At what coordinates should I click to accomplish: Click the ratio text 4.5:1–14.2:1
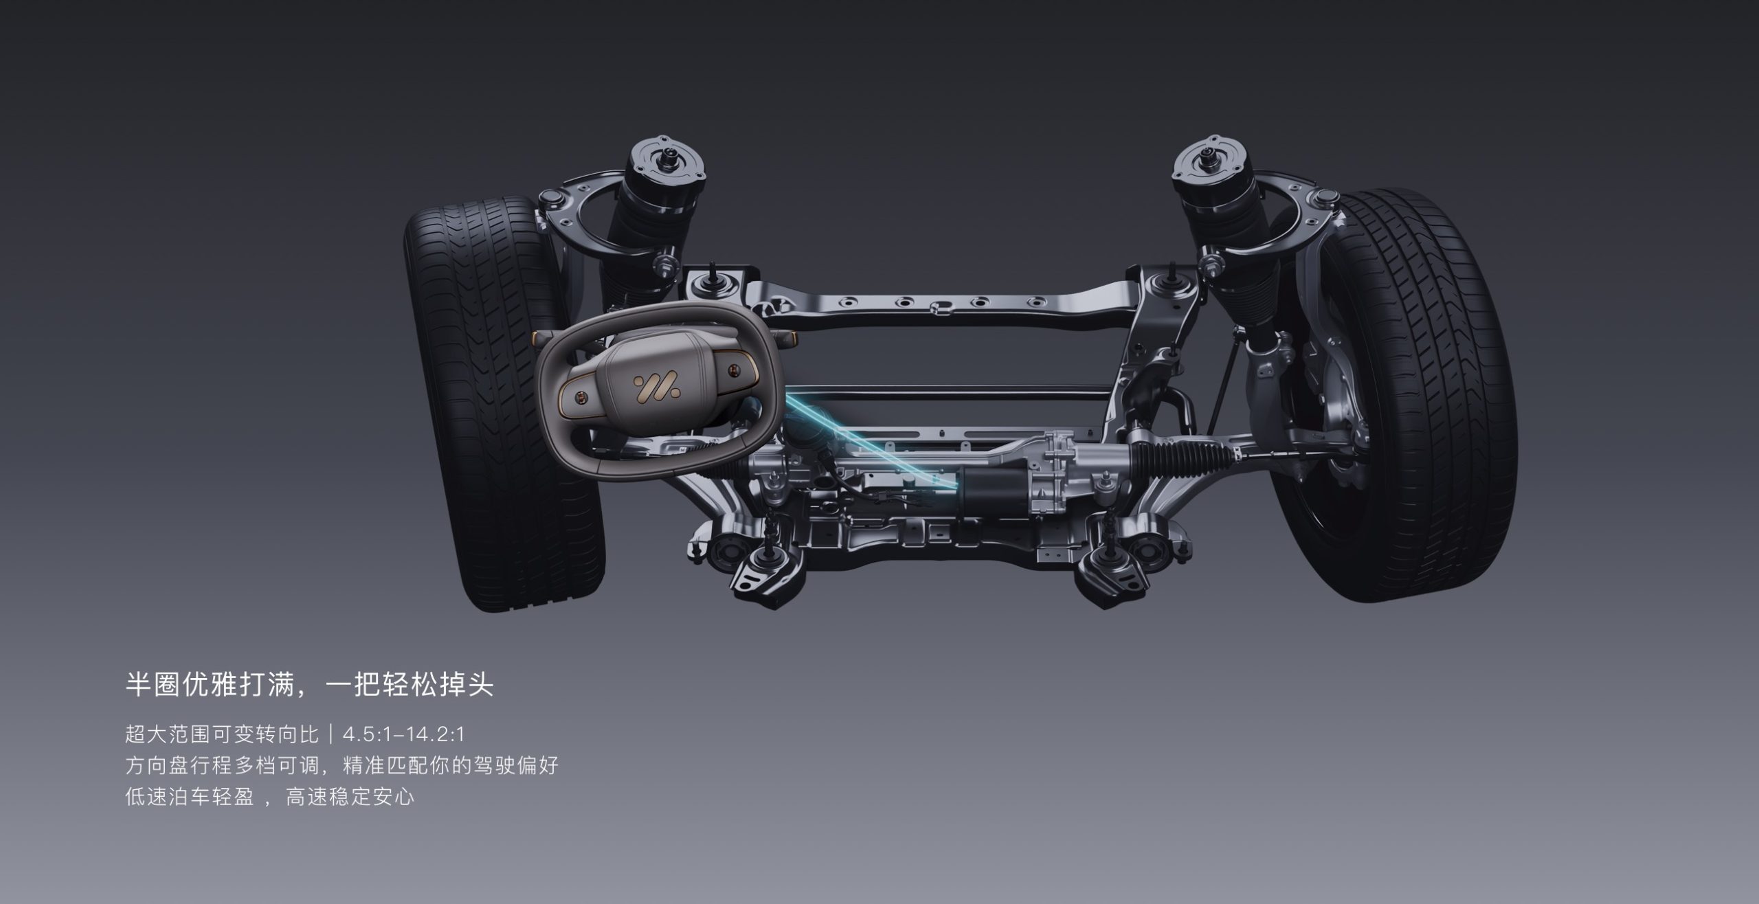click(404, 734)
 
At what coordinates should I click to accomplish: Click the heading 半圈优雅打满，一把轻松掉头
click(309, 685)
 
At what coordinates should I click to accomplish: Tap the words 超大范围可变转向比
click(222, 734)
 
